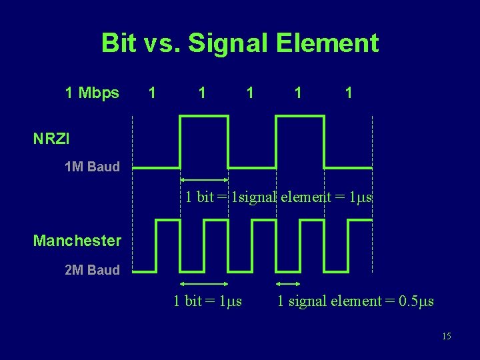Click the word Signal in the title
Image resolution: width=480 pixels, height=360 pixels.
pos(223,43)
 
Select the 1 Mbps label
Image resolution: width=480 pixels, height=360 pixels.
pos(92,93)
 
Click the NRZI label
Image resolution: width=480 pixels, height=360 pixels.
pos(51,139)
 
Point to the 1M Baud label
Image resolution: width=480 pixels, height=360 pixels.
pos(92,167)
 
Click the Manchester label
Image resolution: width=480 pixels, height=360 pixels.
pos(77,240)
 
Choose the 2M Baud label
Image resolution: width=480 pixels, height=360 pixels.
pos(92,270)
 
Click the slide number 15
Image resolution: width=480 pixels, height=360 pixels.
pos(446,336)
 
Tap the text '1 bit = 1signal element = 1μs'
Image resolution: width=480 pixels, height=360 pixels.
pos(278,197)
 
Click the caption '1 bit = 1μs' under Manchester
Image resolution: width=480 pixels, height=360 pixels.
pos(207,301)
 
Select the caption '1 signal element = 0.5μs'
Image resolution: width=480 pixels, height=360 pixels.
pos(355,301)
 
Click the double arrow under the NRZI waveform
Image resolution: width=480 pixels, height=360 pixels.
pos(204,181)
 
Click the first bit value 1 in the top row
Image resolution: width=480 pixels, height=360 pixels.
pos(153,93)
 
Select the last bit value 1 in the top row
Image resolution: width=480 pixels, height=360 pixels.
pos(348,93)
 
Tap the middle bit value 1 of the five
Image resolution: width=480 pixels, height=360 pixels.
pos(249,93)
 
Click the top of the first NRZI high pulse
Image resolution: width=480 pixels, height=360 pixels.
pos(204,116)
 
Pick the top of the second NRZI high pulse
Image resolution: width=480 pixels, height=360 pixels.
pos(300,116)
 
